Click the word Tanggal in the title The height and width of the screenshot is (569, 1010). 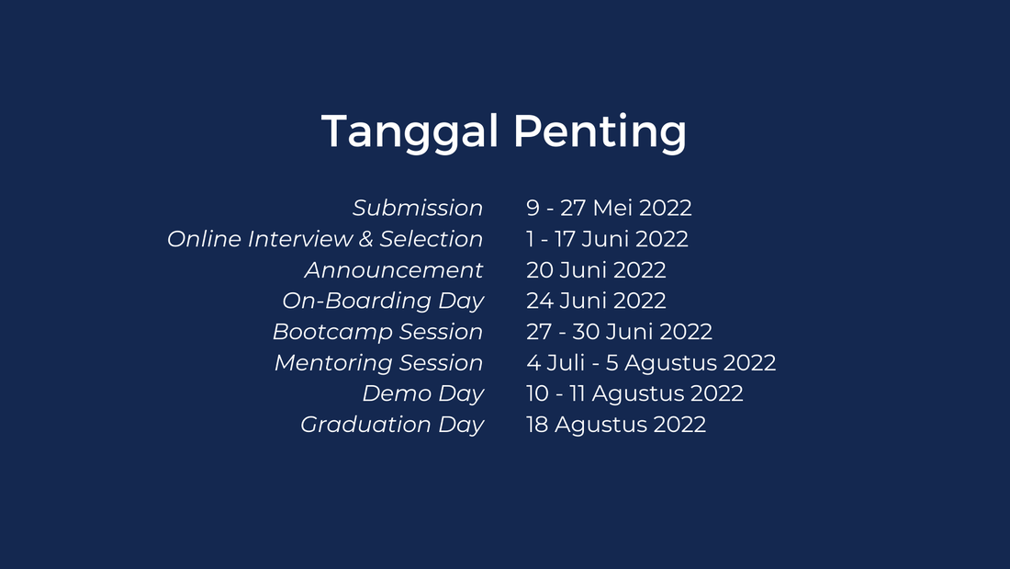[410, 133]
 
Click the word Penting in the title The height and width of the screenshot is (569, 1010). [600, 133]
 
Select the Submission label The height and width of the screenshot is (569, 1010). [418, 208]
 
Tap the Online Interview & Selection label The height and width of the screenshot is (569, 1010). [325, 239]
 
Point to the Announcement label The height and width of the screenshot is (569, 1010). [394, 269]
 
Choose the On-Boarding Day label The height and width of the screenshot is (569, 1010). [383, 302]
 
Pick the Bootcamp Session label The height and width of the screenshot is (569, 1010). [377, 332]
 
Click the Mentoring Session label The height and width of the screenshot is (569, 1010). [378, 362]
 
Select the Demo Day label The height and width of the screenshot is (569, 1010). [422, 393]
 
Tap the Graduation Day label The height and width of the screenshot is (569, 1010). [392, 425]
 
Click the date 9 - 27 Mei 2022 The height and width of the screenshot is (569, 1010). [609, 208]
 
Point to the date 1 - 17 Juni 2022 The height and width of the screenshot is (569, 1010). [607, 239]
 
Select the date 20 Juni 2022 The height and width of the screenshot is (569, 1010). [596, 269]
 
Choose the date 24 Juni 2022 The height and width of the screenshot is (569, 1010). [596, 301]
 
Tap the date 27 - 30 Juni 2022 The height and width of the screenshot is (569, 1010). [619, 332]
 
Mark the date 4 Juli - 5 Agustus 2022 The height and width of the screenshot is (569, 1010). [651, 363]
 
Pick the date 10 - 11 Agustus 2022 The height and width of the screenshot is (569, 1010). [634, 394]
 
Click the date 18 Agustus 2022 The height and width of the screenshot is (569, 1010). [616, 425]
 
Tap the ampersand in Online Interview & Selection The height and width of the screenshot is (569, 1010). [365, 239]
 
